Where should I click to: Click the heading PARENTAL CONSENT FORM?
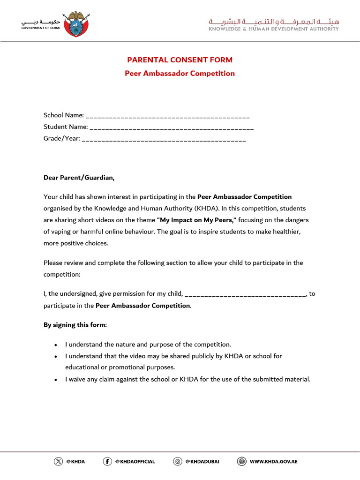(180, 60)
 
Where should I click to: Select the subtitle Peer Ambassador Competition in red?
(180, 74)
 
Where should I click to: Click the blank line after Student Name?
(171, 127)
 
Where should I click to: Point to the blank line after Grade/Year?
(164, 139)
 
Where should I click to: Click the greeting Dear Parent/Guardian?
(79, 178)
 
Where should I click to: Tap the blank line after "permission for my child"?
(246, 294)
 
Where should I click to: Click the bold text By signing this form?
(75, 325)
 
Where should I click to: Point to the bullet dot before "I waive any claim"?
(56, 380)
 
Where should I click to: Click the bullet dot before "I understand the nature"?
(56, 345)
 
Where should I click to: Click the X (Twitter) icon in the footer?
(58, 461)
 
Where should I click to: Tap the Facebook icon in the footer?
(107, 461)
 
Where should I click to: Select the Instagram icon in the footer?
(178, 461)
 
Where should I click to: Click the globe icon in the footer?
(242, 461)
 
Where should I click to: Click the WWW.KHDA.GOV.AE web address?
(274, 462)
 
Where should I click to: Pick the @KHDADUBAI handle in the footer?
(202, 462)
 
